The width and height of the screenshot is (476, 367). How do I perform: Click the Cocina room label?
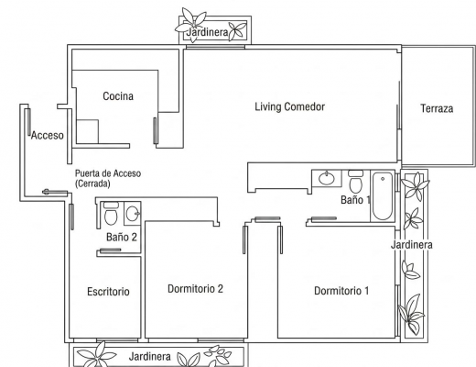click(x=118, y=96)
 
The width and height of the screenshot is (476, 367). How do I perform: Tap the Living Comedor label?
click(x=290, y=106)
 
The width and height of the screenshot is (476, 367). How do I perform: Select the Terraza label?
click(x=437, y=108)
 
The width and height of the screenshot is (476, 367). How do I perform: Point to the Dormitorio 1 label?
click(x=341, y=291)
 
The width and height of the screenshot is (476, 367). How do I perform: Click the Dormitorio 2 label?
click(x=195, y=289)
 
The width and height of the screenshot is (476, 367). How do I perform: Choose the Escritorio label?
click(x=108, y=292)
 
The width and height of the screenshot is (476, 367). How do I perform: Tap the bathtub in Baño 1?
click(x=383, y=195)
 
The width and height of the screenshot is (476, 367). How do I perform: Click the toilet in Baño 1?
click(x=355, y=182)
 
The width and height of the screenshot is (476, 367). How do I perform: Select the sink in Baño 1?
click(x=327, y=178)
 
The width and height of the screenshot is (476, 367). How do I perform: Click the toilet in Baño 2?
click(x=111, y=213)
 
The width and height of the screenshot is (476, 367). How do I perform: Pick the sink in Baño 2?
click(x=133, y=213)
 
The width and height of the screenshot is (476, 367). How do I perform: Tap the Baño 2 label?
click(x=122, y=237)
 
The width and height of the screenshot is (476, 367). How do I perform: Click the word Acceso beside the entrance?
click(x=48, y=135)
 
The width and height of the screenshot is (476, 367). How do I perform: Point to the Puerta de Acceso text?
click(x=108, y=173)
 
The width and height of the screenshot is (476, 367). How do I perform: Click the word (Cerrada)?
click(x=92, y=183)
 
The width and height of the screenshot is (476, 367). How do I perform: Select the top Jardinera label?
click(x=208, y=32)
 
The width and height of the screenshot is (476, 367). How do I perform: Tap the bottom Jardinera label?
click(x=149, y=357)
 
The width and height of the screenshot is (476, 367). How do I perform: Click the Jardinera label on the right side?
click(x=412, y=245)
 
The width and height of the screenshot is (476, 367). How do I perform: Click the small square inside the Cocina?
click(x=87, y=131)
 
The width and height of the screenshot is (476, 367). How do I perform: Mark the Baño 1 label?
click(x=356, y=200)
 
